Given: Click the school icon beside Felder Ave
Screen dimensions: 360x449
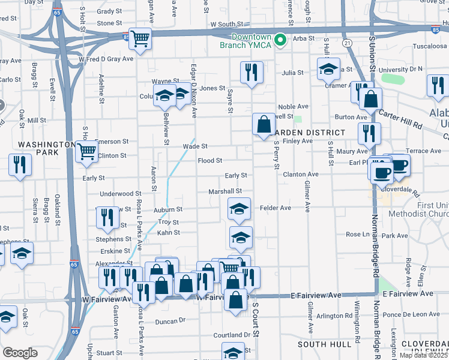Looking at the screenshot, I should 239,209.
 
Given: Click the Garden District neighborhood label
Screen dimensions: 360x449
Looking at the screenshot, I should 310,132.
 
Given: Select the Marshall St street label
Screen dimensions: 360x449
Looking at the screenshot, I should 224,191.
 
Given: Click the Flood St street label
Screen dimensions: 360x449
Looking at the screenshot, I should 210,161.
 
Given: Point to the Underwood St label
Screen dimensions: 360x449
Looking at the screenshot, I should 120,194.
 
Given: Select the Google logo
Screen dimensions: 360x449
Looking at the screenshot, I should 20,352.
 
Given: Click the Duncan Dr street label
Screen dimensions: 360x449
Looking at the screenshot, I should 170,321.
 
